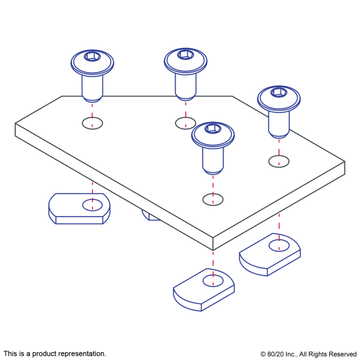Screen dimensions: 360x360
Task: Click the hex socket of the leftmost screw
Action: coord(91,56)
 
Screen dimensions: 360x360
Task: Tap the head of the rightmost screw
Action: coord(279,98)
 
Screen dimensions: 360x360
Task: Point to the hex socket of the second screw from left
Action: coord(184,54)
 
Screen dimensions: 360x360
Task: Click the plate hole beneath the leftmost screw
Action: coord(92,123)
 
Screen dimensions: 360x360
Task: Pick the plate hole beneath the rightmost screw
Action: coord(279,161)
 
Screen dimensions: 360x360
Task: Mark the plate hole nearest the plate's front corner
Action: coord(213,199)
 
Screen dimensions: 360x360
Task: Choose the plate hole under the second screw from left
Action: coord(185,123)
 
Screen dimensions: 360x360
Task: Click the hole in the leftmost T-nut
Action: coord(93,205)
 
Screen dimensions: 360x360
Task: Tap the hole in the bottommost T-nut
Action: coord(213,280)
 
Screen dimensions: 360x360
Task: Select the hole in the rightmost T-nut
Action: coord(279,246)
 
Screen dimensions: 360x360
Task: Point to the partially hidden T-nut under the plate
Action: coord(151,215)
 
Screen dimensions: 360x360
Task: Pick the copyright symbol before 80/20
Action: coord(263,354)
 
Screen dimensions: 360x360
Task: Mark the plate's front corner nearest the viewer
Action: coord(213,249)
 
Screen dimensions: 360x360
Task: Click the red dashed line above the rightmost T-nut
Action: coord(279,226)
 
